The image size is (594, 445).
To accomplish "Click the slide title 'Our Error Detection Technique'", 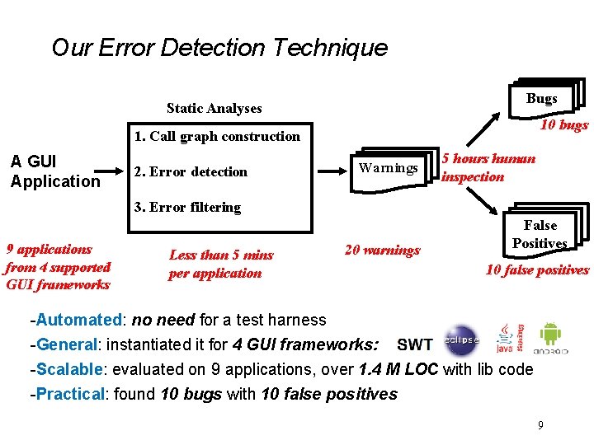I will click(219, 48).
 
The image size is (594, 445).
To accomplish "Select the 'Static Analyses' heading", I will click(214, 108).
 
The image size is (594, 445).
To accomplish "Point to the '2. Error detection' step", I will click(191, 171).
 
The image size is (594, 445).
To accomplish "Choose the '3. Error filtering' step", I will click(187, 207).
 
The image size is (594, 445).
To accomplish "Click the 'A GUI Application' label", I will click(55, 171).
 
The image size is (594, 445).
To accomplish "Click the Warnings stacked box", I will click(389, 168).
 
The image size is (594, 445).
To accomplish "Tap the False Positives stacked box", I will click(540, 233).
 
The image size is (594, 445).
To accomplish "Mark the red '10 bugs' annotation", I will click(564, 125).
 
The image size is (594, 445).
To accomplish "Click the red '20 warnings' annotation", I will click(382, 251).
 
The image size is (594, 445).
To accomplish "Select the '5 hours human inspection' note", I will click(488, 167).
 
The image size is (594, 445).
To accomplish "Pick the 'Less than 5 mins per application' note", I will click(220, 265).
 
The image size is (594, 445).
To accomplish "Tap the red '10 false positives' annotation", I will click(537, 269).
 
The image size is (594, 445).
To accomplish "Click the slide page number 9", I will click(540, 425).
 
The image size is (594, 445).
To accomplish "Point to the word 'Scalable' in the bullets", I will click(70, 369).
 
